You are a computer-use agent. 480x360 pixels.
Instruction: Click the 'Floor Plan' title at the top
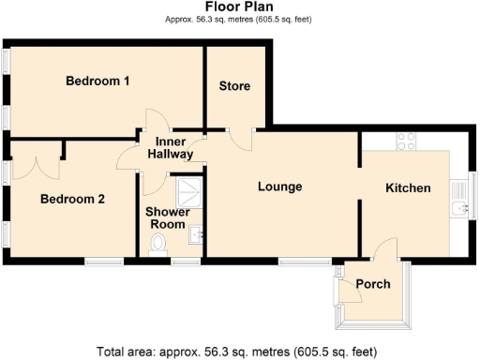click(239, 7)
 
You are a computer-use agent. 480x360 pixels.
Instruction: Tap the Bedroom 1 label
click(97, 81)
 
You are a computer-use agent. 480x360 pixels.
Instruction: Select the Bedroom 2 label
click(72, 199)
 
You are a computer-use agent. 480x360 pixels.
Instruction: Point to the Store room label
click(234, 86)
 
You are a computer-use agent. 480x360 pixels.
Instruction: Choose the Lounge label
click(280, 187)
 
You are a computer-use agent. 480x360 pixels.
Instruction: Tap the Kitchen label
click(409, 187)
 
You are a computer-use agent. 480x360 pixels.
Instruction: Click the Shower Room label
click(169, 217)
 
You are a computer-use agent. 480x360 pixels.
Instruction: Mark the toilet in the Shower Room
click(158, 245)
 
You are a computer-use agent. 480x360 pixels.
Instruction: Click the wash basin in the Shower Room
click(197, 234)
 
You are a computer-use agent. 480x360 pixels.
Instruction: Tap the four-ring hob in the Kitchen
click(407, 142)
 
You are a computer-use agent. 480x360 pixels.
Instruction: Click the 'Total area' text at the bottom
click(239, 352)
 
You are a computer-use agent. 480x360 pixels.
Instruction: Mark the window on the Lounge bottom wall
click(304, 261)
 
